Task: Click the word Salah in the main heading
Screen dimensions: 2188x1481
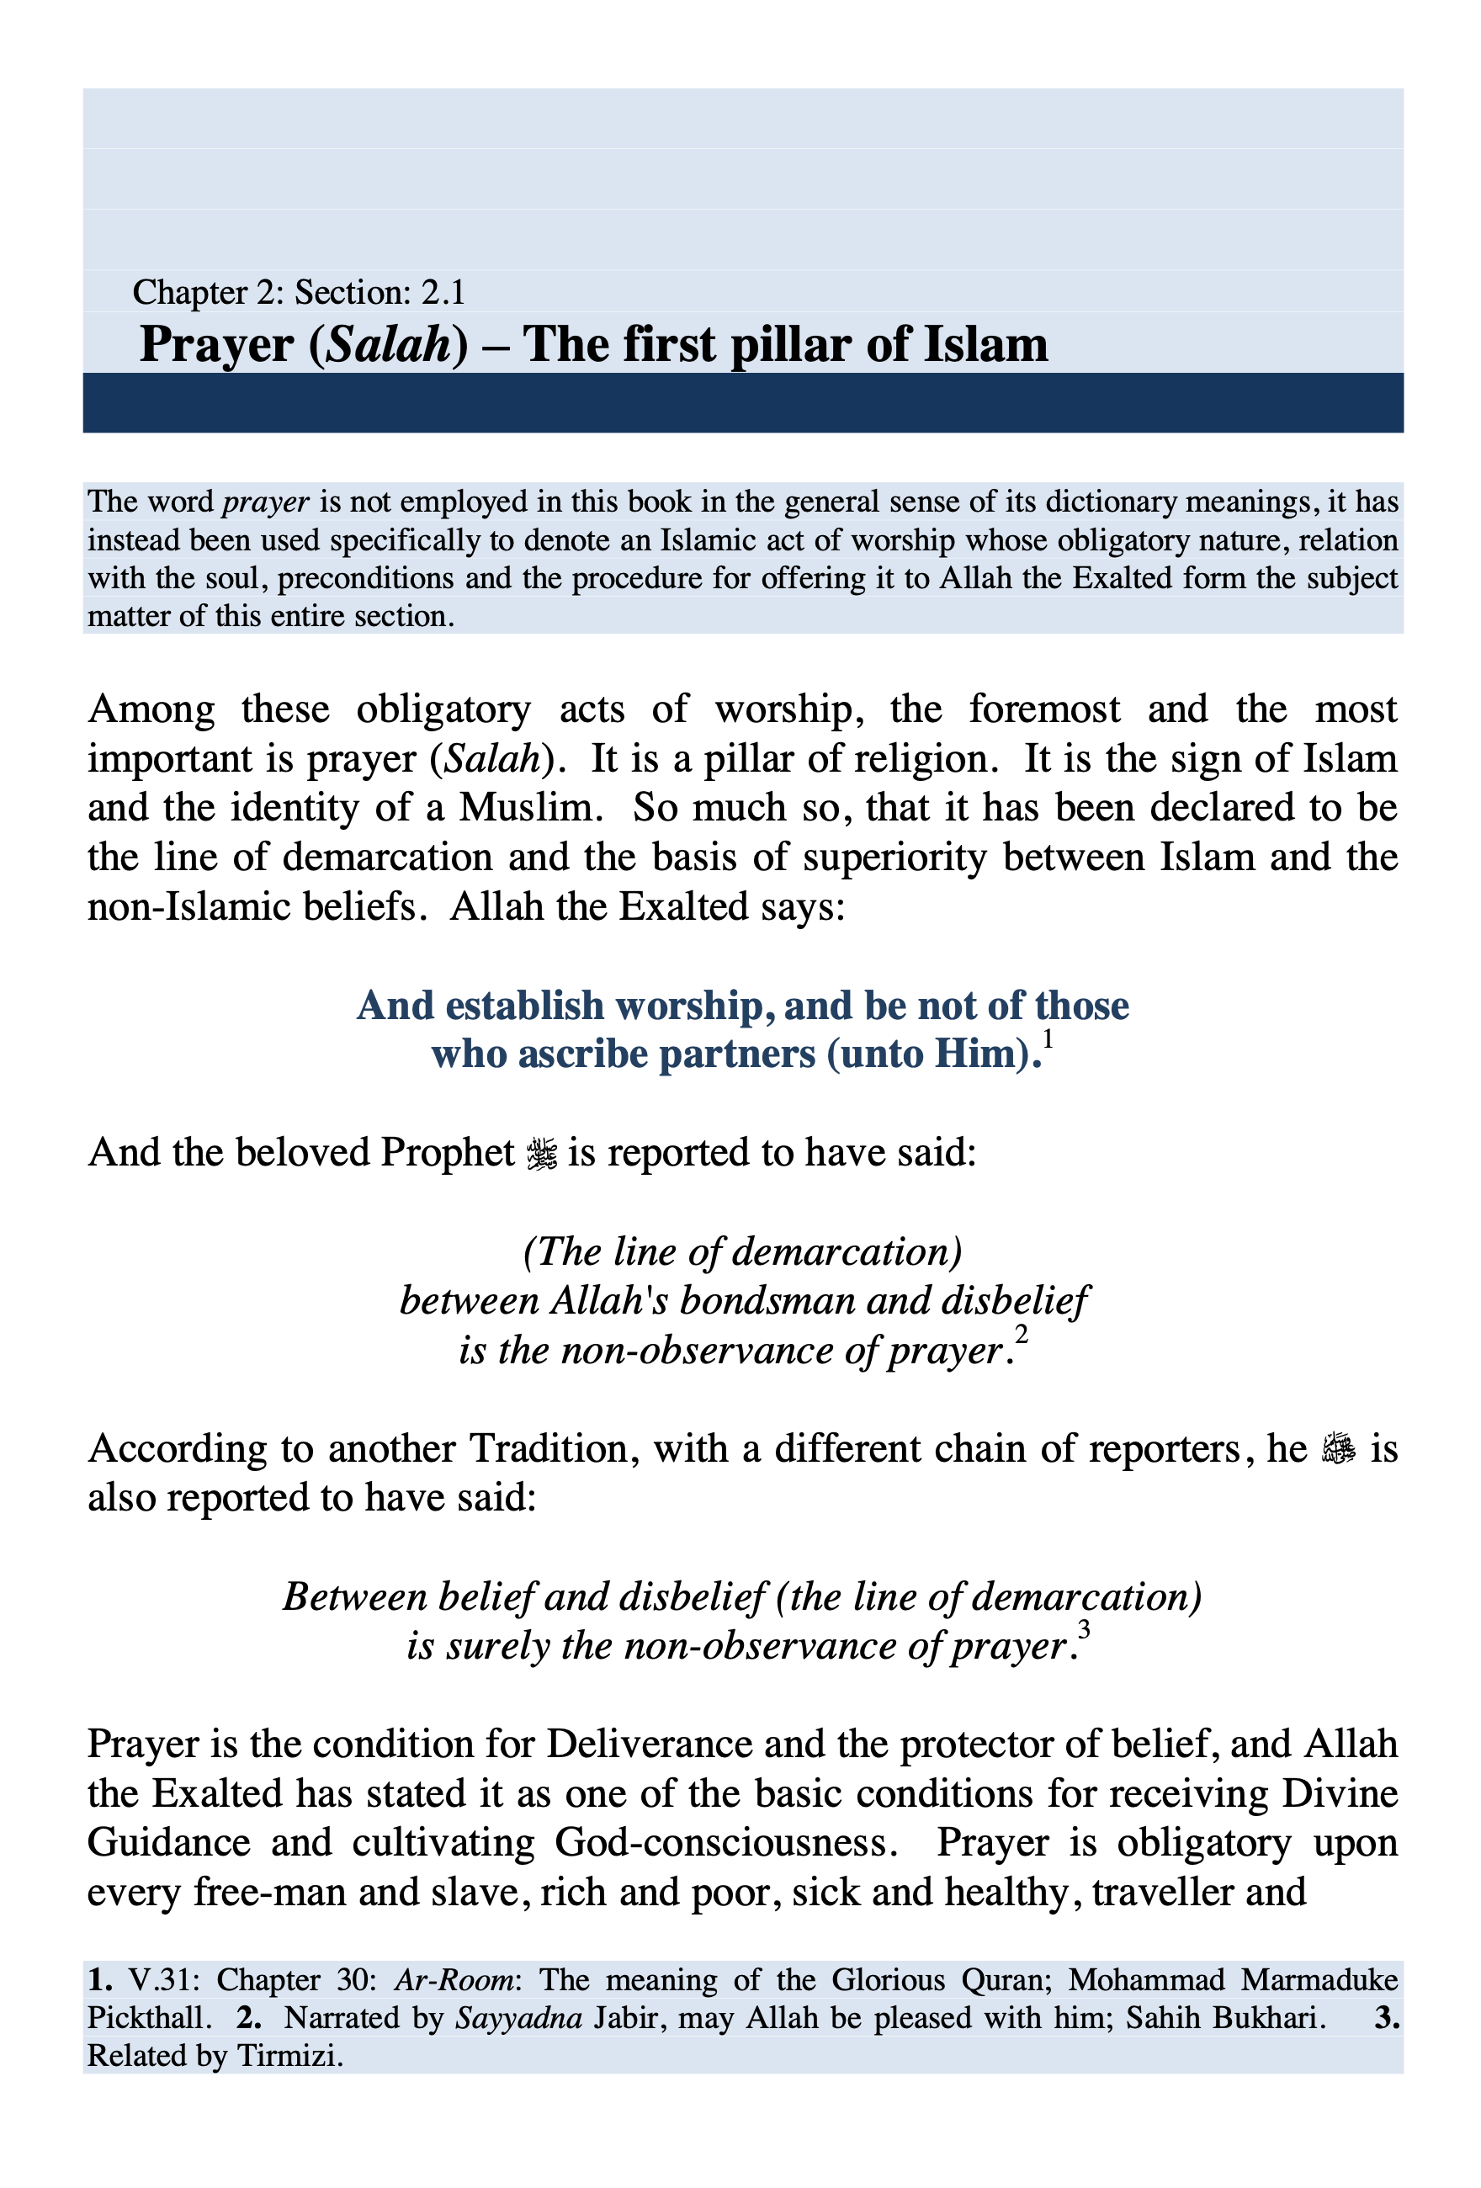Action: click(388, 344)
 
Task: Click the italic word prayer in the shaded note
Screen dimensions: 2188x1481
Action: click(266, 502)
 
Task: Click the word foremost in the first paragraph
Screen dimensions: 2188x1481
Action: click(1044, 709)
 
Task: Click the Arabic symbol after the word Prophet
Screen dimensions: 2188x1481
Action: click(542, 1153)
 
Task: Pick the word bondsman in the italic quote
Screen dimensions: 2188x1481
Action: click(768, 1301)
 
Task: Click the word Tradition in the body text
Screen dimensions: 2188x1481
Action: click(548, 1448)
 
